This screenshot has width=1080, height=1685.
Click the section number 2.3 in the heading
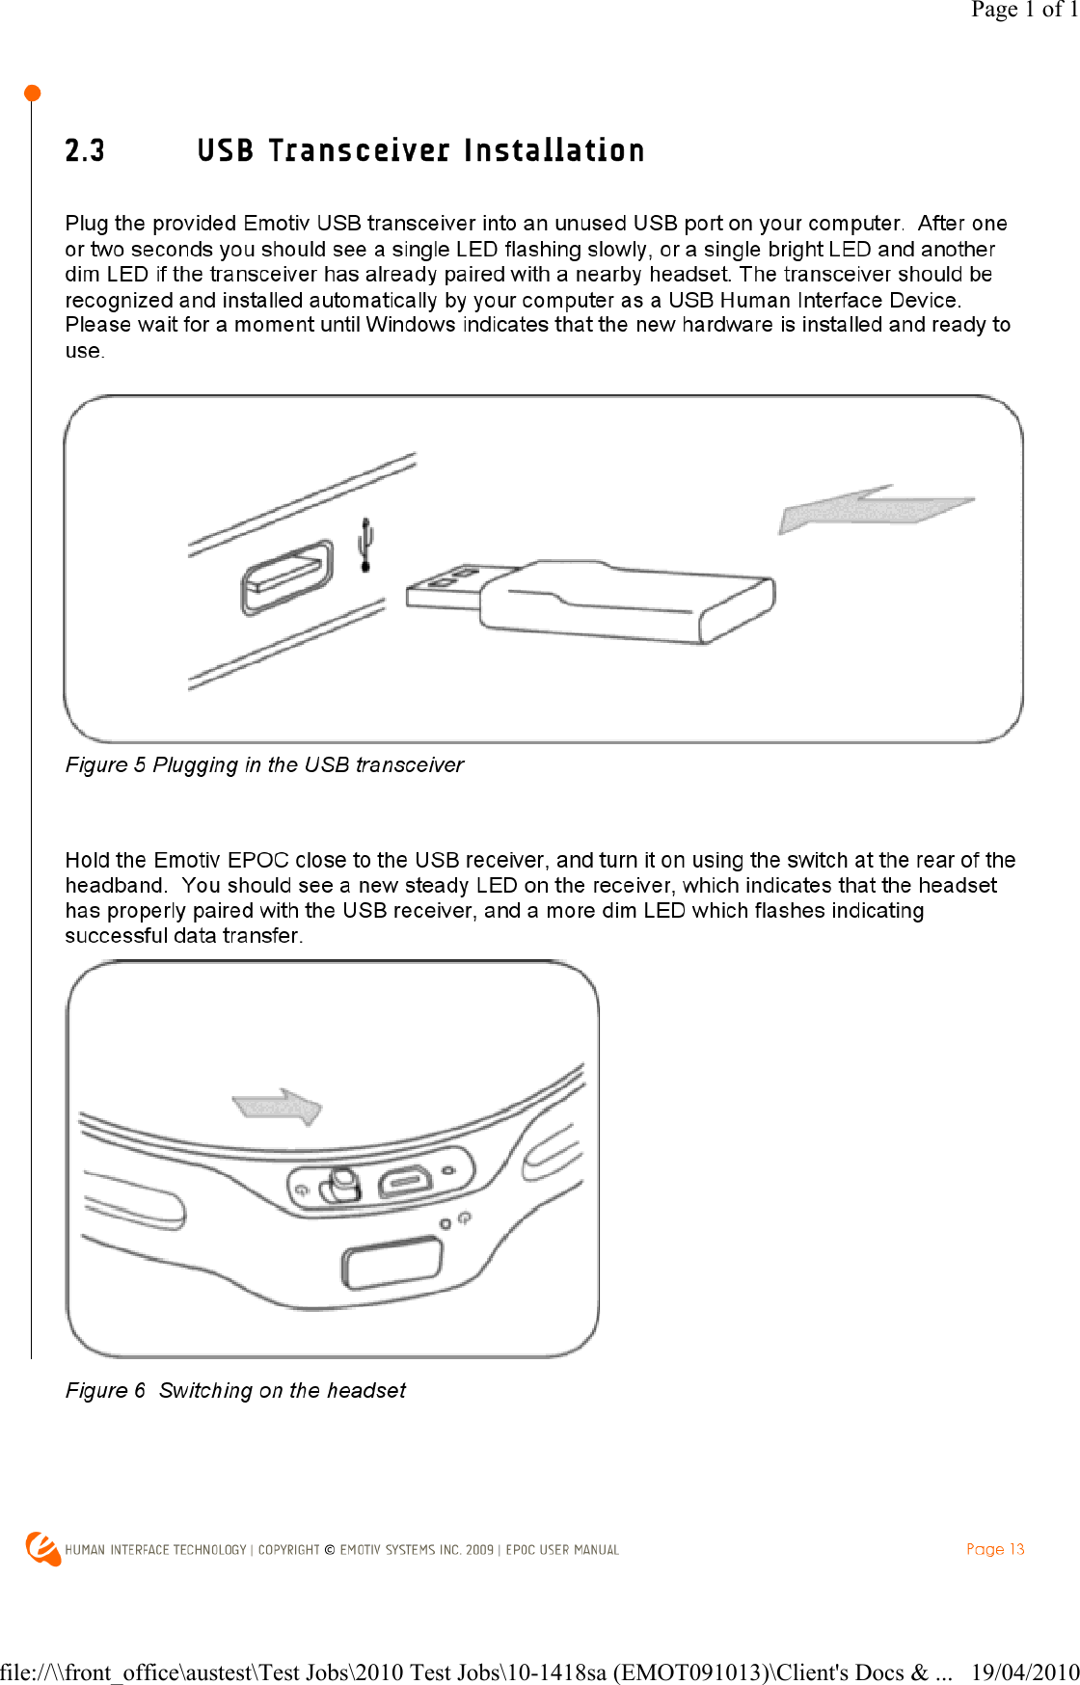[85, 151]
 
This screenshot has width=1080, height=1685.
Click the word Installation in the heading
[553, 151]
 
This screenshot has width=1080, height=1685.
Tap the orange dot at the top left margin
[32, 94]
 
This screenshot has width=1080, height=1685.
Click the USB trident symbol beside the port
[365, 545]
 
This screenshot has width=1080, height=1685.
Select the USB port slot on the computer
[286, 577]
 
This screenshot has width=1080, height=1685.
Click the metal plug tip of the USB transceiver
[443, 590]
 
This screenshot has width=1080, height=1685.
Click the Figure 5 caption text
[264, 765]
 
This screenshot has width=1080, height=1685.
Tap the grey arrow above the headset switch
[278, 1106]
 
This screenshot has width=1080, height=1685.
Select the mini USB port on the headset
[405, 1181]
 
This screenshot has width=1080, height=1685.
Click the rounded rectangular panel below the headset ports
[391, 1264]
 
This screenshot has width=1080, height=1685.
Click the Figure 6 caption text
[235, 1391]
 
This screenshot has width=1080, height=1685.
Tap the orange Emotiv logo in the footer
[42, 1548]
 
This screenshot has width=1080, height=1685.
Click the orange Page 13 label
[994, 1549]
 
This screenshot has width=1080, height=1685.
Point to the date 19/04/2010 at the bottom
[1024, 1672]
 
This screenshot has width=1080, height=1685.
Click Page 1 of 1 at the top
[1023, 10]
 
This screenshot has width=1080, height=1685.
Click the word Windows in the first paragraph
[410, 325]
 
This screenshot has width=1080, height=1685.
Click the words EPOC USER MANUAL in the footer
[562, 1550]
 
